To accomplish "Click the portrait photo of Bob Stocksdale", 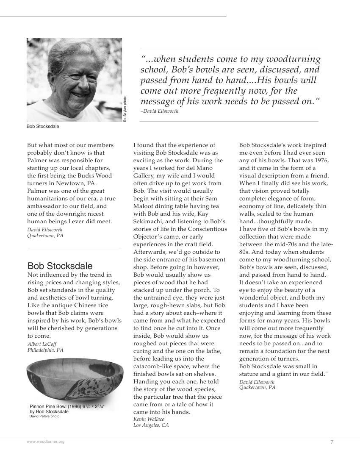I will [x=74, y=80].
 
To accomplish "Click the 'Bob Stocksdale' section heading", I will [x=60, y=266].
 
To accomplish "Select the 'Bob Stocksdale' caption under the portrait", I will [x=43, y=126].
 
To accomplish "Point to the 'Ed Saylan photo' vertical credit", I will [x=125, y=110].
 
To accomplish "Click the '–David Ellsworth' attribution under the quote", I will [x=160, y=111].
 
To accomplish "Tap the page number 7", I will [x=332, y=442].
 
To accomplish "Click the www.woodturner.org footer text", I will [x=46, y=442].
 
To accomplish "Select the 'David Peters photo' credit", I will [x=44, y=416].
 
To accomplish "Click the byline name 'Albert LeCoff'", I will [x=42, y=344].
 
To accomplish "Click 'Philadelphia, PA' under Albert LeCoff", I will [x=45, y=350].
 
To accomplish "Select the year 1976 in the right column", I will [x=320, y=161].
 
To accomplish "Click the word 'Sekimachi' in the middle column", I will [x=148, y=222].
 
